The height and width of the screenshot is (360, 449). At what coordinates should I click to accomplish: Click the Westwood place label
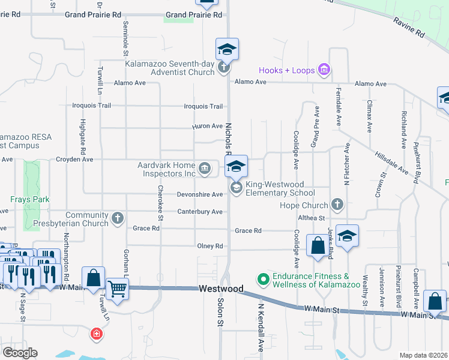(x=221, y=289)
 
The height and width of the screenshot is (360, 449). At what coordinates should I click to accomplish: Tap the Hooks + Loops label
(x=287, y=70)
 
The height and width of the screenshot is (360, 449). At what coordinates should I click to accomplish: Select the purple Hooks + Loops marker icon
(x=324, y=70)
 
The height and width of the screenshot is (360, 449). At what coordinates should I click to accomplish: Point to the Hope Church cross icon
(x=337, y=205)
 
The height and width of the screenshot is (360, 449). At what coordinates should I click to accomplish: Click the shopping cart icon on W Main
(x=117, y=289)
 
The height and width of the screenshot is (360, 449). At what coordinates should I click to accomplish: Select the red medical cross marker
(x=95, y=334)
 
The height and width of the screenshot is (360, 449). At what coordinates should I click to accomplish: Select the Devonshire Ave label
(x=200, y=194)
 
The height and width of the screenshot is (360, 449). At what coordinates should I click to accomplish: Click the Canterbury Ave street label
(x=200, y=212)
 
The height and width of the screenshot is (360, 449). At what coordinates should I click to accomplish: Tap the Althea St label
(x=311, y=218)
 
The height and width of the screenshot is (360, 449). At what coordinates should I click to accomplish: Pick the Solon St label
(x=220, y=313)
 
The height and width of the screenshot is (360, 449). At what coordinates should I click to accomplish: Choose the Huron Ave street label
(x=207, y=127)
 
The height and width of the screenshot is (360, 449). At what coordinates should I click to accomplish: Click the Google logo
(x=20, y=352)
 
